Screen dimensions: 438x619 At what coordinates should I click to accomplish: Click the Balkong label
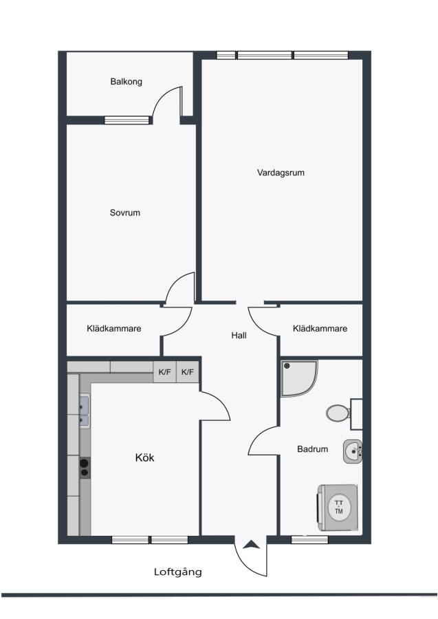tap(126, 82)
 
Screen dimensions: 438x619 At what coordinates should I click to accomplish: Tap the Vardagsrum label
tap(281, 173)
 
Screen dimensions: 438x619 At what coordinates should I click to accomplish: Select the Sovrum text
tap(124, 213)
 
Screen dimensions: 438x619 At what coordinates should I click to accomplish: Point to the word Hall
tap(239, 335)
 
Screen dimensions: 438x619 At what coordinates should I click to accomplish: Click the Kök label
tap(144, 457)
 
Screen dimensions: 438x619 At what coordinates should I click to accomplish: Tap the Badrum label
tap(313, 449)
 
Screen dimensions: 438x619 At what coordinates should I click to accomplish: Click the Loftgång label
tap(178, 572)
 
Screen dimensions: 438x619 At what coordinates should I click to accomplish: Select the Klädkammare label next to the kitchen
tap(113, 329)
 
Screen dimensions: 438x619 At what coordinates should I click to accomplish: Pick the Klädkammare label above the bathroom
tap(320, 329)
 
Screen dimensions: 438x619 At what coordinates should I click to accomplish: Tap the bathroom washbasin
tap(352, 451)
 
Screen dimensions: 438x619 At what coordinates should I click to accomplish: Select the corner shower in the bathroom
tap(298, 378)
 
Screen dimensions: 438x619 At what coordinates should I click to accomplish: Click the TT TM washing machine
tap(338, 508)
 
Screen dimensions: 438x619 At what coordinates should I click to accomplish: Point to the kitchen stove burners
tap(85, 468)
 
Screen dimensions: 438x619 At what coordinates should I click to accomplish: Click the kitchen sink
tap(84, 411)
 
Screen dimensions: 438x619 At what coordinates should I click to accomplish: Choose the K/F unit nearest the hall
tap(188, 372)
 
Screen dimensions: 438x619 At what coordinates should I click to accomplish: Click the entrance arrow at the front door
tap(250, 545)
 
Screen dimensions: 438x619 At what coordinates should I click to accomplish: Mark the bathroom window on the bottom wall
tap(309, 540)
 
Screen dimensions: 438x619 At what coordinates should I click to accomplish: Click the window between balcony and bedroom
tap(127, 120)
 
